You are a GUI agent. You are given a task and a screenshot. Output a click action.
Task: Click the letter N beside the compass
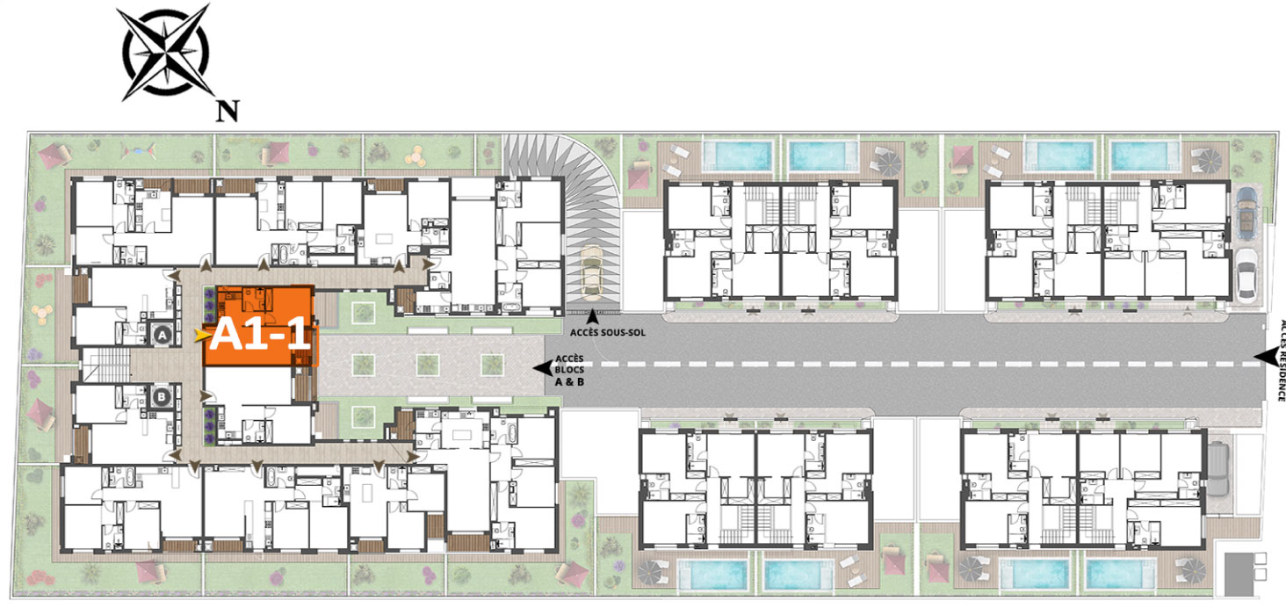[x=228, y=111]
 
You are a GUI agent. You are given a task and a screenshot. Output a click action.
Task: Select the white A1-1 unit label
[x=260, y=334]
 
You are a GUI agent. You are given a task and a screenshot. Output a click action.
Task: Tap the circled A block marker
[x=163, y=335]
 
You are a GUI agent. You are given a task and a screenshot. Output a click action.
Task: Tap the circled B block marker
[x=162, y=397]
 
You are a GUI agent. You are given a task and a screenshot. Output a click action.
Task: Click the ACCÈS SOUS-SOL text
[x=607, y=332]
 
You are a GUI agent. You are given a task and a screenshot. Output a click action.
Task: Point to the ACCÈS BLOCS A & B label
[x=569, y=370]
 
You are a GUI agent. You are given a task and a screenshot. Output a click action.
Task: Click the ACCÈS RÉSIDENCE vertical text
[x=1281, y=360]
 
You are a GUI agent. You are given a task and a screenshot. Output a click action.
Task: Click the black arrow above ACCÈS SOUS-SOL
[x=592, y=316]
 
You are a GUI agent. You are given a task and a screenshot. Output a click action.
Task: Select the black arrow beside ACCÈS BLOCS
[x=543, y=368]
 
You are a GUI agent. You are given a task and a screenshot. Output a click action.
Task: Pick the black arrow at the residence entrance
[x=1264, y=357]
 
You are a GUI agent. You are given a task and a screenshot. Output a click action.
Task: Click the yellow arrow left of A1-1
[x=201, y=336]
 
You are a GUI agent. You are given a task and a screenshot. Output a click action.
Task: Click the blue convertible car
[x=1246, y=213]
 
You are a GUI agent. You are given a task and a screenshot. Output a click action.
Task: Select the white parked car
[x=1246, y=275]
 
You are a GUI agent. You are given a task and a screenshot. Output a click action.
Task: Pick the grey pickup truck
[x=1217, y=470]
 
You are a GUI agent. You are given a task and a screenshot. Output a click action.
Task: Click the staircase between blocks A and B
[x=107, y=364]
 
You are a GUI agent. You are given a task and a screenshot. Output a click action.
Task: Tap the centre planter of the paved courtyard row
[x=428, y=365]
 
